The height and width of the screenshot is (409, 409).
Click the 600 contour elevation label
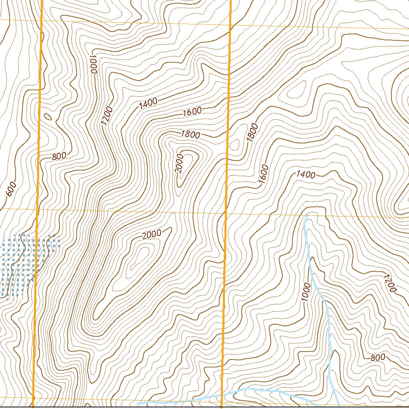coord(11,189)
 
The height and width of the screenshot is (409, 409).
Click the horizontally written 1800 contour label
coord(190,135)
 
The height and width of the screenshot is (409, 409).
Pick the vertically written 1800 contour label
coord(252,133)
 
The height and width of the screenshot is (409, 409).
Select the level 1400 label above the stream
coord(306,175)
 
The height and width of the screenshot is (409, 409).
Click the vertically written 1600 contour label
coord(263,175)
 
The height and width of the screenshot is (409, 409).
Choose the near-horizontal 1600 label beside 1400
coord(192,112)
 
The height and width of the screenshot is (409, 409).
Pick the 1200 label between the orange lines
coord(107,116)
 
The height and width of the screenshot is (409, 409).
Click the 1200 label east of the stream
coord(389,283)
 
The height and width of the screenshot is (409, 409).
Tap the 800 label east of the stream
coord(377,357)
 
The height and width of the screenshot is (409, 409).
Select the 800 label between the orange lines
coord(59,156)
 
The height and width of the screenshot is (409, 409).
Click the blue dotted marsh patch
coord(24,264)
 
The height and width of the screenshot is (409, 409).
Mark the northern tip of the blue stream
coord(307,214)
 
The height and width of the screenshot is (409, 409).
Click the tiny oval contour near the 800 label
coord(48,117)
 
